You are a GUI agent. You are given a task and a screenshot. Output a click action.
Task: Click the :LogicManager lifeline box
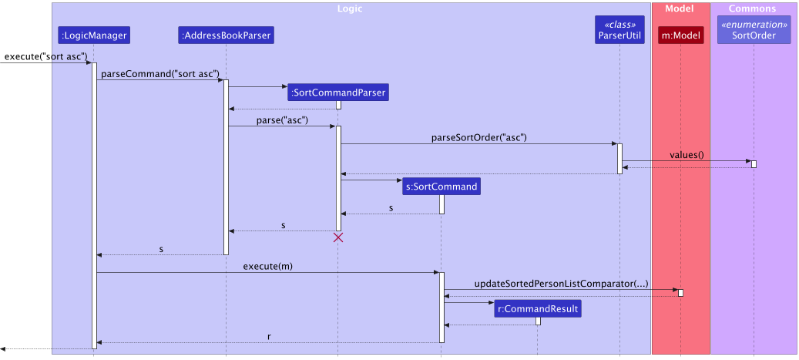pos(93,35)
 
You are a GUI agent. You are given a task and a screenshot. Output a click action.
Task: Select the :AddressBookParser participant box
pos(226,35)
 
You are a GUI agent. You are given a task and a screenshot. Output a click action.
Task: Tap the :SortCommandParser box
pos(337,93)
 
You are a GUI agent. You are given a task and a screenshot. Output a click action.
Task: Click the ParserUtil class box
pos(619,30)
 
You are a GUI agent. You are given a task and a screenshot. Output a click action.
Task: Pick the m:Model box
pos(681,35)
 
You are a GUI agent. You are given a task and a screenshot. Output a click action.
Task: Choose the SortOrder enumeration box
pos(754,30)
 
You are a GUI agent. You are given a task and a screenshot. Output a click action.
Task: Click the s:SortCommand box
pos(441,186)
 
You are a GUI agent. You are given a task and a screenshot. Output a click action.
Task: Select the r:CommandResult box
pos(538,308)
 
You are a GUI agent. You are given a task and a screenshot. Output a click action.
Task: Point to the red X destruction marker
pos(337,238)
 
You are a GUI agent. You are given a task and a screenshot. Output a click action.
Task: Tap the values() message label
pos(687,155)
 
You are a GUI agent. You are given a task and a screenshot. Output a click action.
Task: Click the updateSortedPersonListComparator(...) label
pos(561,284)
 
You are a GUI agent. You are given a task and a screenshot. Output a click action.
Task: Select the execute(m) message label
pos(267,266)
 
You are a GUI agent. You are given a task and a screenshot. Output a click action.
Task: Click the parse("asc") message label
pos(283,120)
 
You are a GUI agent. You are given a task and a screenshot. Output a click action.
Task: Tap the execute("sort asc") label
pos(45,57)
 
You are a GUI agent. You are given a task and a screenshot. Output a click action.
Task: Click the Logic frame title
pos(350,9)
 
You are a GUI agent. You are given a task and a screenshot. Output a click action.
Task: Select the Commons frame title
pos(752,9)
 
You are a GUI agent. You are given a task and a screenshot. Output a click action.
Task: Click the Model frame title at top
pos(680,9)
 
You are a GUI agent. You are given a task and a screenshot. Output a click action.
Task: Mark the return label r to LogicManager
pos(268,336)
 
